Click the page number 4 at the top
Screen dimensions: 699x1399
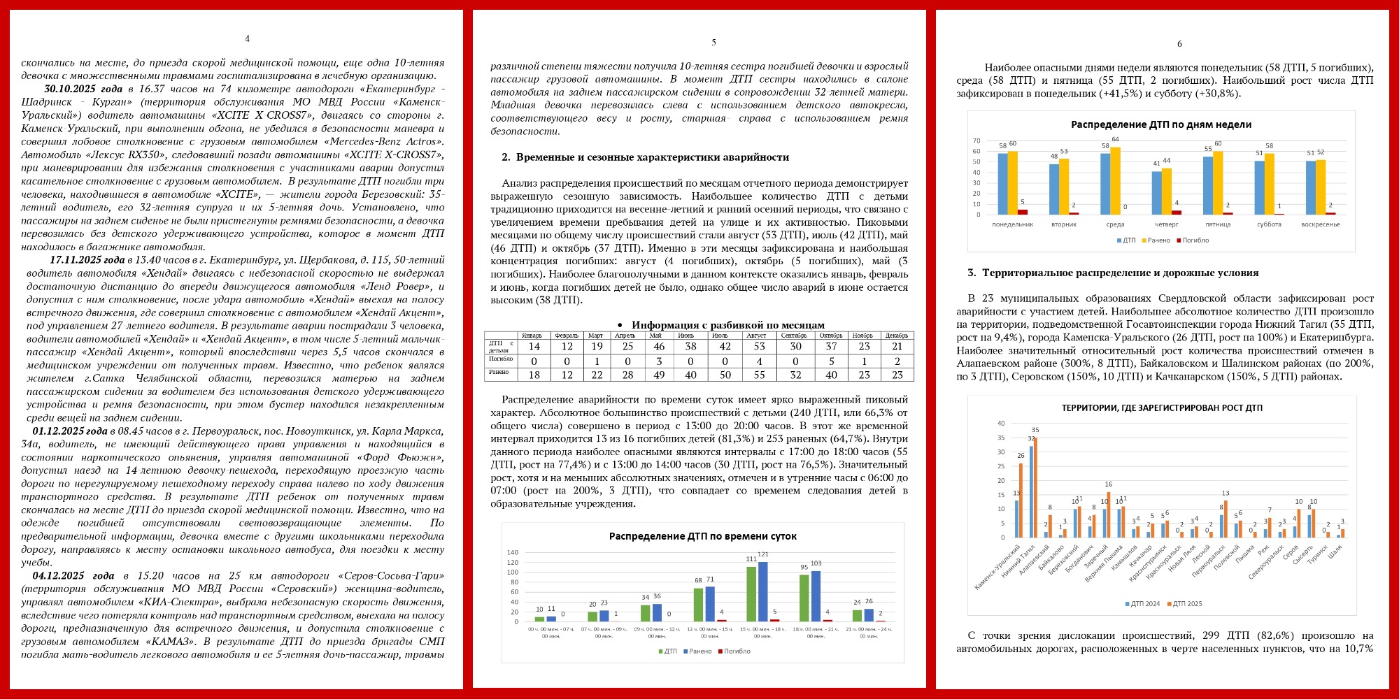(x=247, y=39)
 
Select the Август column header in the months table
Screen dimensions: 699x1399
(x=756, y=336)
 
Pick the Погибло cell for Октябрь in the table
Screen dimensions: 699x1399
(x=831, y=361)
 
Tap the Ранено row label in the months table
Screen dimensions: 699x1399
(x=499, y=373)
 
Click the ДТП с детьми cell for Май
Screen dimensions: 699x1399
(x=658, y=346)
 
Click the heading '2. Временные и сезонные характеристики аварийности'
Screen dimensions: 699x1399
(x=645, y=157)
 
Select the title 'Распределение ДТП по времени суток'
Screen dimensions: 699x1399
(x=702, y=536)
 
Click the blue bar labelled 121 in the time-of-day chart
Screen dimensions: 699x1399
(x=762, y=591)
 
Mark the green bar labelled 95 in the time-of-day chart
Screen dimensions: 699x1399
(x=804, y=598)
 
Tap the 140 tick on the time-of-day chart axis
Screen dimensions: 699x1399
(x=513, y=553)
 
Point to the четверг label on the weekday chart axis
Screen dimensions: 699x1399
(x=1166, y=224)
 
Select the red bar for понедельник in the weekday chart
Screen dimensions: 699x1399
(x=1022, y=212)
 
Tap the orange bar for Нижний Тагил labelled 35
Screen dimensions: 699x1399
(x=1035, y=487)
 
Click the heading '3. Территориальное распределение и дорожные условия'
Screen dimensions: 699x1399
(x=1113, y=273)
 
